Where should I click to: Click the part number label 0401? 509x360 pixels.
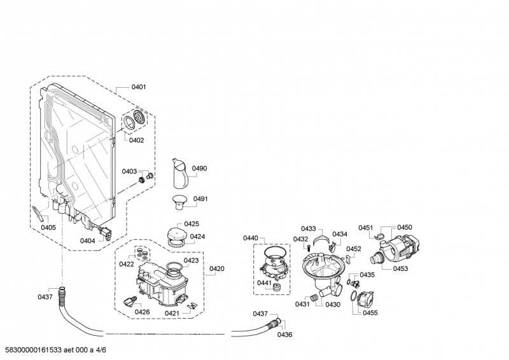click(139, 87)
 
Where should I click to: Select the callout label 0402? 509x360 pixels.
click(136, 140)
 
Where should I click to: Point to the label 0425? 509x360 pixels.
click(192, 223)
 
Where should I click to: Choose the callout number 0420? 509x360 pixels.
click(217, 269)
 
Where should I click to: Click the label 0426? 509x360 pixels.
click(143, 312)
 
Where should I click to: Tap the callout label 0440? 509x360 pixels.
click(250, 237)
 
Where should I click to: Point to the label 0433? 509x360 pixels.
click(308, 228)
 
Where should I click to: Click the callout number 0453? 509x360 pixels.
click(400, 269)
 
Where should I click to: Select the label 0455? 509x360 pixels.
click(370, 312)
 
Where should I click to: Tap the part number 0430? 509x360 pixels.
click(333, 305)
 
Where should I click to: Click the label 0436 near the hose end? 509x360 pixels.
click(284, 335)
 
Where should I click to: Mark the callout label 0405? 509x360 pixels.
click(48, 227)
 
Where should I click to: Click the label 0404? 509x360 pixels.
click(88, 240)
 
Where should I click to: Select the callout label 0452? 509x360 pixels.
click(354, 249)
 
